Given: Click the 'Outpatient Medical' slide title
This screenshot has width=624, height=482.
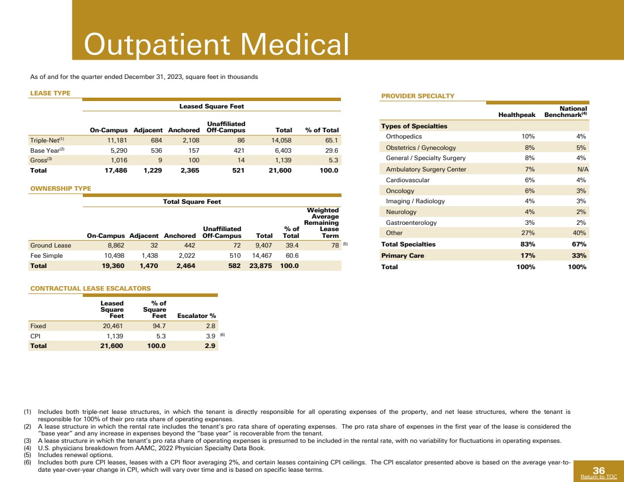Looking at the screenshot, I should pyautogui.click(x=216, y=44).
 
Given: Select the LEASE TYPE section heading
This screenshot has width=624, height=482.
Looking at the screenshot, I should pyautogui.click(x=50, y=93).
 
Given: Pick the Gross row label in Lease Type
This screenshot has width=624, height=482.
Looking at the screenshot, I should pyautogui.click(x=39, y=161).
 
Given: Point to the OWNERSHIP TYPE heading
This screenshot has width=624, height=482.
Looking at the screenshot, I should pyautogui.click(x=60, y=188).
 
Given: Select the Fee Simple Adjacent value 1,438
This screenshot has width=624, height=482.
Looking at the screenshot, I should pyautogui.click(x=147, y=256).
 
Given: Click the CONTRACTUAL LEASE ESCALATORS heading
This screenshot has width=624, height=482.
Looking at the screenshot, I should pyautogui.click(x=90, y=288).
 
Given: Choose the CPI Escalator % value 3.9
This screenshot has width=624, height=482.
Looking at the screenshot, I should pyautogui.click(x=210, y=337).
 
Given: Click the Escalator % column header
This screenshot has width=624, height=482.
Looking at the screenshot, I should pyautogui.click(x=197, y=316).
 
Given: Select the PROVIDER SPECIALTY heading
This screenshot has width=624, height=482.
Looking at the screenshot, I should pyautogui.click(x=418, y=96).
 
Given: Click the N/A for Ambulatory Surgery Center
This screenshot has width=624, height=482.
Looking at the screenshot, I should pyautogui.click(x=580, y=169).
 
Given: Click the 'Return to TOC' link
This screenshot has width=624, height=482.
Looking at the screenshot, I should pyautogui.click(x=599, y=477).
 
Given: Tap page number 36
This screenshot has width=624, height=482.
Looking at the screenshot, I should pyautogui.click(x=598, y=470).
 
